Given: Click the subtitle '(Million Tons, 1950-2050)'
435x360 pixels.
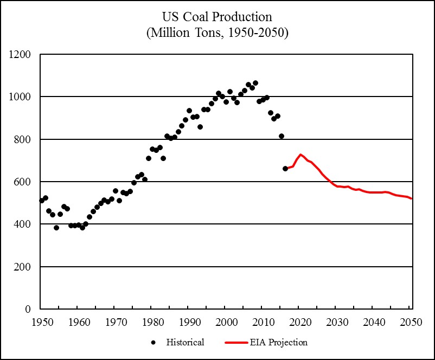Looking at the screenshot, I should click(x=217, y=33).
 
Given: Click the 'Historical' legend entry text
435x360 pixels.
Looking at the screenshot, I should click(x=185, y=342).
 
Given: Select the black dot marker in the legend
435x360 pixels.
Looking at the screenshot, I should click(x=153, y=342).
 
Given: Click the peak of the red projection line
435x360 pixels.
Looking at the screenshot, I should click(x=300, y=155).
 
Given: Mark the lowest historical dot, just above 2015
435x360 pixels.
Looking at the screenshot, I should click(x=285, y=169).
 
